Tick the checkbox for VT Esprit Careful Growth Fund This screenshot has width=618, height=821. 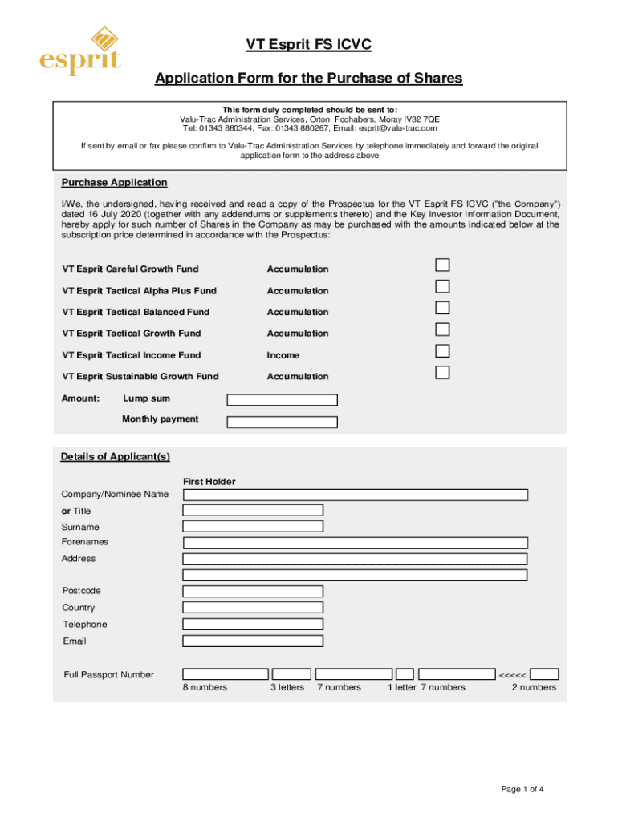442,265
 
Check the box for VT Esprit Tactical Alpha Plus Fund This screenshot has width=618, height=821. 442,287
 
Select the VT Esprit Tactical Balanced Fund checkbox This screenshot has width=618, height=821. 442,308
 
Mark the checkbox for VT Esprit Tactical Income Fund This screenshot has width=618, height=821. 442,351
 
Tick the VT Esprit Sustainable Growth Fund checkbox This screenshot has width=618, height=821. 442,372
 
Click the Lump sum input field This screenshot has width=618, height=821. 282,400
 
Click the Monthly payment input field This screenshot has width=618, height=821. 282,422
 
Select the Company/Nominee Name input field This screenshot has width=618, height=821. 355,495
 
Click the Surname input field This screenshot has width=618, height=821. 253,527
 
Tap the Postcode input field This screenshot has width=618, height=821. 253,592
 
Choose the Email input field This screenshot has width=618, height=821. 253,641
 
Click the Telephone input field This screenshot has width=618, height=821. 253,625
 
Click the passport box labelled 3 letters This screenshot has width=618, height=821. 291,674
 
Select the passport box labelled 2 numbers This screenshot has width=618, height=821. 545,674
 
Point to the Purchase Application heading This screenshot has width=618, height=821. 115,183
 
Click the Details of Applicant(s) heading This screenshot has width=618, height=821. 116,457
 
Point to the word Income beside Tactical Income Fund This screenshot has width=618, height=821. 283,355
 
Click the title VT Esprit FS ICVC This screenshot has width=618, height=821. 308,46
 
